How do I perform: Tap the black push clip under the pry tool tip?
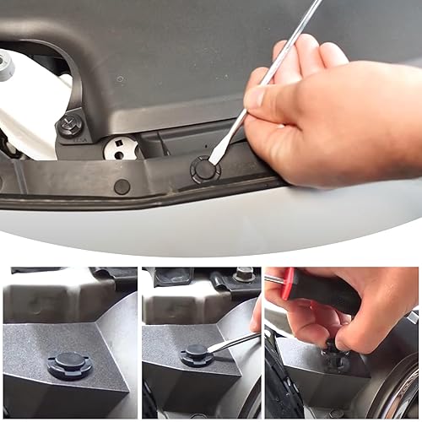(x=204, y=169)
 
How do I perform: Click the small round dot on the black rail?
(x=122, y=187)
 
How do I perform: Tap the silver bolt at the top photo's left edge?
(x=4, y=66)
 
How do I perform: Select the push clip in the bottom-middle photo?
(x=197, y=354)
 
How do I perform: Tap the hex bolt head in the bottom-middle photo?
(x=244, y=274)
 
